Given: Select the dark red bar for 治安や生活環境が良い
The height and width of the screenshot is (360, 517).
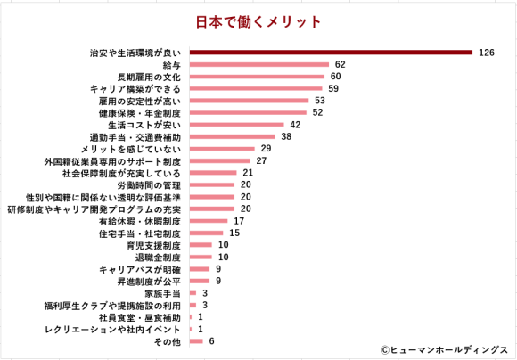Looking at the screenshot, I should click(x=330, y=53).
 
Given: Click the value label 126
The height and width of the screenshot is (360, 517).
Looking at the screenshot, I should click(x=486, y=53).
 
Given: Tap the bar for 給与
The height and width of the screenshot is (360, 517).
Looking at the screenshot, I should click(x=258, y=65).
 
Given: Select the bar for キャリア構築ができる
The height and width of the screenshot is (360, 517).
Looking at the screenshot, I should click(x=255, y=89).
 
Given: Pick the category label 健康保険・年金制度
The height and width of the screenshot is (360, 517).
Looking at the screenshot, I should click(x=140, y=113).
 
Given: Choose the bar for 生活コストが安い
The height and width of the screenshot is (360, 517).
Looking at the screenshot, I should click(x=235, y=125).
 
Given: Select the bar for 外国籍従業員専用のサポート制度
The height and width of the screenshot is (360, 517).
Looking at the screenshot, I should click(x=218, y=161).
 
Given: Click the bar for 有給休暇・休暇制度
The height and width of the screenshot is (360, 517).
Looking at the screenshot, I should click(x=208, y=221).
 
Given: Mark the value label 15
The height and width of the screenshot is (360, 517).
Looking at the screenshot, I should click(x=234, y=233).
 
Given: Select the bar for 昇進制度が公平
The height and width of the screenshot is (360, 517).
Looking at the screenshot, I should click(x=199, y=281).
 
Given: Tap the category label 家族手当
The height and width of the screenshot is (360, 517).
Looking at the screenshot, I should click(x=163, y=293).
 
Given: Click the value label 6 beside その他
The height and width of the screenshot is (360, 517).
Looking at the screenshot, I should click(x=211, y=341).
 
